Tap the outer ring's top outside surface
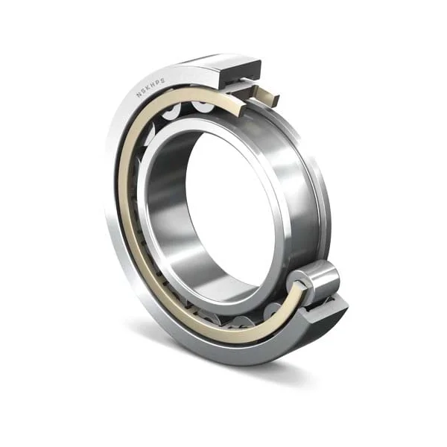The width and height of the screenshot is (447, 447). (x=194, y=63)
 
